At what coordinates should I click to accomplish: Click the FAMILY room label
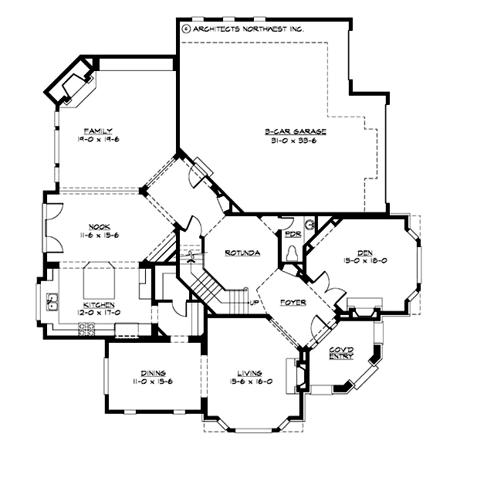point(98,131)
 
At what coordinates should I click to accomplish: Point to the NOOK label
point(98,226)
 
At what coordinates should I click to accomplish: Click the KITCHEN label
point(97,305)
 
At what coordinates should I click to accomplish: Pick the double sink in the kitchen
point(53,302)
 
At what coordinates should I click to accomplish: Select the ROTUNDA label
point(242,253)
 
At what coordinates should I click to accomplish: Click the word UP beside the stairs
point(254,302)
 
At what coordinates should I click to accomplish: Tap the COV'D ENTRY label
point(340,353)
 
